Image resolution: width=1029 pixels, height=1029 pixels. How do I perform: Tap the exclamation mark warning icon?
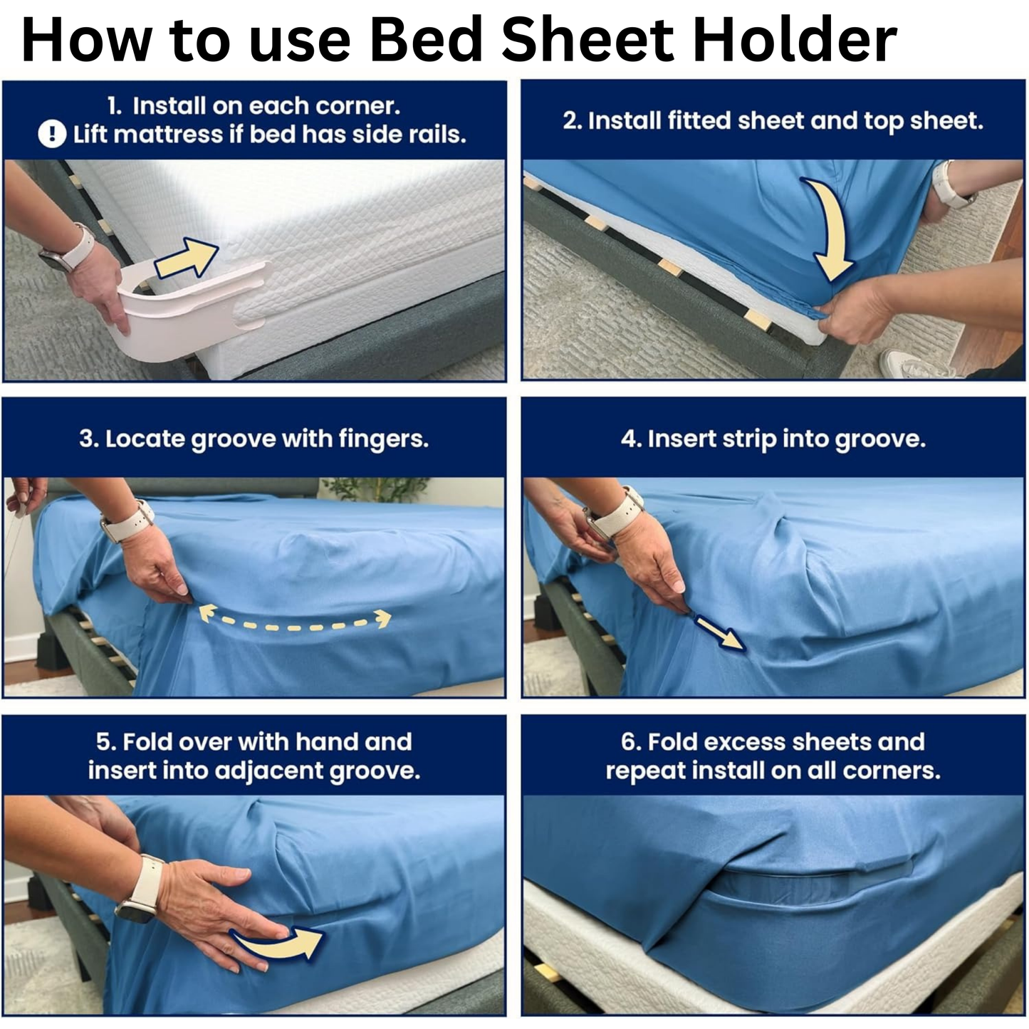pos(51,134)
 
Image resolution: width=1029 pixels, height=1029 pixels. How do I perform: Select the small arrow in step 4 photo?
pos(719,632)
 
